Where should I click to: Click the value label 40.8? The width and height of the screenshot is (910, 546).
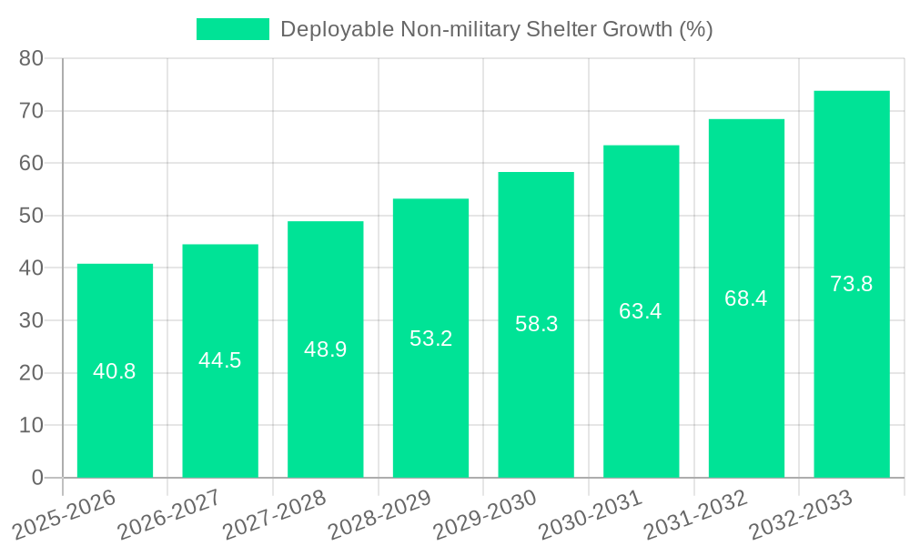[115, 371]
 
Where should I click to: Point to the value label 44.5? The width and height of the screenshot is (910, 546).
[220, 360]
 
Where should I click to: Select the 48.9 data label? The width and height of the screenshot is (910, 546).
[325, 349]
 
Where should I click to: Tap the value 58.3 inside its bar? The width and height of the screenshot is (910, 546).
[536, 324]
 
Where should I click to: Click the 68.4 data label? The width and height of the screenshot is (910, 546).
[746, 298]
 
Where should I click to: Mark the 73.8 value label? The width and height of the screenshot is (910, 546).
[852, 284]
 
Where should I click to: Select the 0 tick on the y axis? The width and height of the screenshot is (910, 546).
[37, 478]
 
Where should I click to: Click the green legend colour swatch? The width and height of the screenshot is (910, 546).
[233, 29]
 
